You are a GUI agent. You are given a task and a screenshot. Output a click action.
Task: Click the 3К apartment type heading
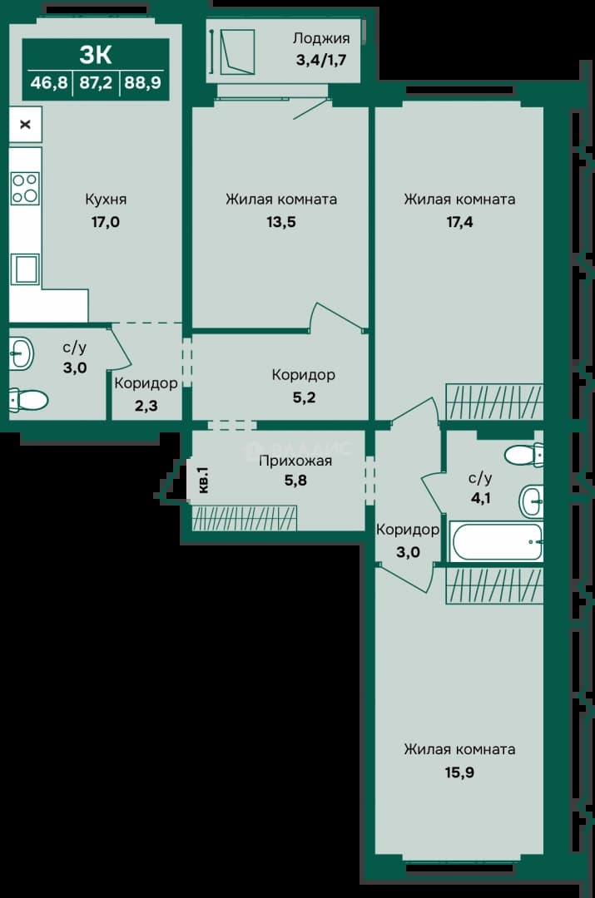96,55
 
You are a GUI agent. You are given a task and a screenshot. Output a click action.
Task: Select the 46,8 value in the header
49,83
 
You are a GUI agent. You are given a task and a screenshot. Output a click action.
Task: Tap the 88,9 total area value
143,83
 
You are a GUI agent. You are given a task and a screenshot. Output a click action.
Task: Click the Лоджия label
321,38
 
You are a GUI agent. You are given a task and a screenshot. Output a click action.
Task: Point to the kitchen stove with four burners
25,188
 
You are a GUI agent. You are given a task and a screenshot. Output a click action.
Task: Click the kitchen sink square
25,269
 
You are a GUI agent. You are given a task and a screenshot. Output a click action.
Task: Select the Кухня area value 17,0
106,222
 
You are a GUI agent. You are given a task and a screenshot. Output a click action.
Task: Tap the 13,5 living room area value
281,222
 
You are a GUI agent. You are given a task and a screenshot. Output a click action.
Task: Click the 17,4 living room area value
459,222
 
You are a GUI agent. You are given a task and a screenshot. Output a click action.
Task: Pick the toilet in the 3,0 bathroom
28,400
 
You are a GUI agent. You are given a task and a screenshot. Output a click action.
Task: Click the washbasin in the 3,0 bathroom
21,353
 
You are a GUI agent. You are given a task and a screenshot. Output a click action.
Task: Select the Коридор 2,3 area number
146,406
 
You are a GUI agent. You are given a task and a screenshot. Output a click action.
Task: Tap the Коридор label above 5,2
303,375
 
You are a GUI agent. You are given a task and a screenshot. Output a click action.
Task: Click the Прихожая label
295,461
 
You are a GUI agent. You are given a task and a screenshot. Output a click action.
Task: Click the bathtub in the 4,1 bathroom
496,542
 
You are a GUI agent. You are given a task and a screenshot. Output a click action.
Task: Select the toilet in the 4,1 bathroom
523,456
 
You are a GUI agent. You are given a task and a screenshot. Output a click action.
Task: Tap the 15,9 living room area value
459,772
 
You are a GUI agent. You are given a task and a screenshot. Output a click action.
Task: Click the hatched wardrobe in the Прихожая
244,518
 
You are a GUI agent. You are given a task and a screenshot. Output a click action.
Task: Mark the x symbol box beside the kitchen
25,124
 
